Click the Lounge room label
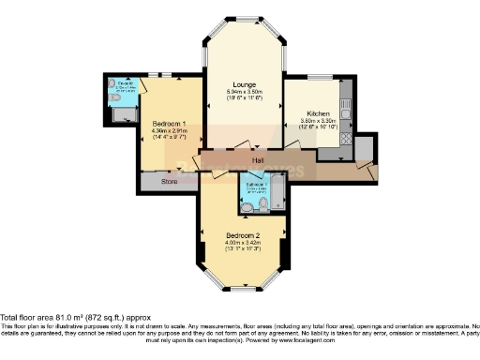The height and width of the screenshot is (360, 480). pos(245,85)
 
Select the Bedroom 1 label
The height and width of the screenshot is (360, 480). pos(170,123)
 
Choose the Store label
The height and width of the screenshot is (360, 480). pos(169,180)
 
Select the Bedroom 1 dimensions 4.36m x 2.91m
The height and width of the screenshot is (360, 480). pos(170,131)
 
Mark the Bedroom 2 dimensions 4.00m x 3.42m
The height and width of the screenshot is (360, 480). pos(243,243)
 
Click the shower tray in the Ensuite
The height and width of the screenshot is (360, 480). pos(124,113)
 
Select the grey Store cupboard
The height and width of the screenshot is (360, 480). pos(169,181)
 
